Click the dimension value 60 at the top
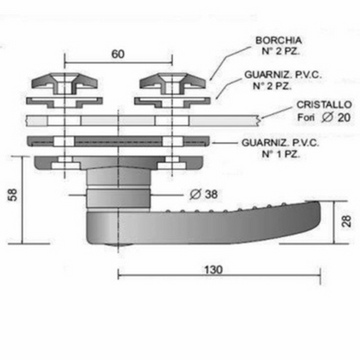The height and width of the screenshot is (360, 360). click(118, 54)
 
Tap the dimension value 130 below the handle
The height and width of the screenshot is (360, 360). click(214, 270)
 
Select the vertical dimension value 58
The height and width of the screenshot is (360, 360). click(13, 195)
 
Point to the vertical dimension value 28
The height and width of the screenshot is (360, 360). click(346, 221)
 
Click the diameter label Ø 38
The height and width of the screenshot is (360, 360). click(203, 195)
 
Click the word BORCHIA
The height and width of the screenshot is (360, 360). click(279, 41)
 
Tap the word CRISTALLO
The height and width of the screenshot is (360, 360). click(325, 105)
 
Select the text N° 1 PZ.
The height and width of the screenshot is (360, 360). click(280, 154)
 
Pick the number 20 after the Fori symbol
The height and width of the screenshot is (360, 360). click(344, 118)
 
